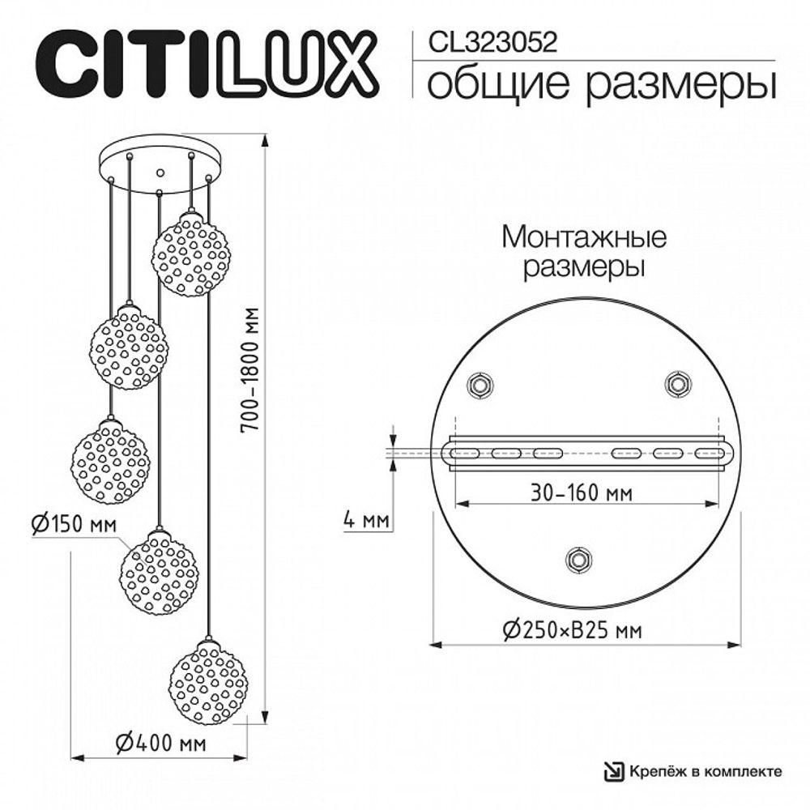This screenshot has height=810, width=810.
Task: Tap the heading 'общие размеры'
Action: click(x=595, y=84)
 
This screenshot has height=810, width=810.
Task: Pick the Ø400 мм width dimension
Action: click(x=159, y=743)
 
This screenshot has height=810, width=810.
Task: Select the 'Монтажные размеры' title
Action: click(x=584, y=252)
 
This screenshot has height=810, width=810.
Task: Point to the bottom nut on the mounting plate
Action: click(x=578, y=559)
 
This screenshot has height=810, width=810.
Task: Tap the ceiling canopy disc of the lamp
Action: click(x=160, y=165)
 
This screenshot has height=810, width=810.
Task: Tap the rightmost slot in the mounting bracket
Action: click(x=708, y=453)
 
